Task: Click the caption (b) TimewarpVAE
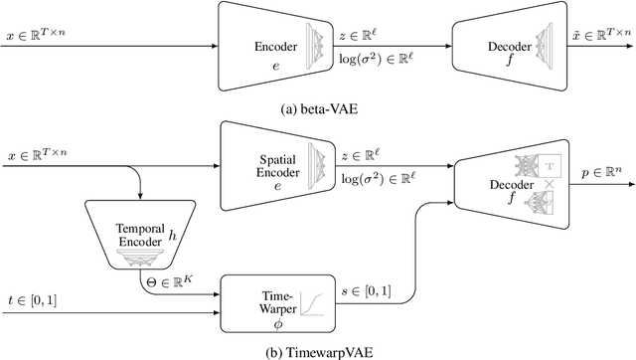317,349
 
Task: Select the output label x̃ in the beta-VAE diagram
600,37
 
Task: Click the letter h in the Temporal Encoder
172,235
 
